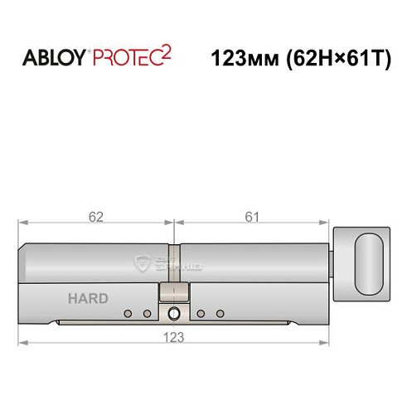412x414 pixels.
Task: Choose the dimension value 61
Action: pos(252,217)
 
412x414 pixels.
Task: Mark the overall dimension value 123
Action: pos(174,337)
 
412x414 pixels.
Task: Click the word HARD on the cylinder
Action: pos(87,298)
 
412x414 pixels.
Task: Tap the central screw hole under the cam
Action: pos(173,315)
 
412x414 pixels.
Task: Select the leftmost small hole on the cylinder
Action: pos(128,314)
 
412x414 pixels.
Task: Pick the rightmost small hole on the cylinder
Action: pos(221,314)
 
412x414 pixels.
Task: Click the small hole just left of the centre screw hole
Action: pos(147,314)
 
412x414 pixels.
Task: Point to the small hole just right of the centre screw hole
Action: pos(201,314)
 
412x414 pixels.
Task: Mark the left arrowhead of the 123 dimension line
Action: pos(23,343)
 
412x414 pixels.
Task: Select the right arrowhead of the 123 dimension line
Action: pos(326,343)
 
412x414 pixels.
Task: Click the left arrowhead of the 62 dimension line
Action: pos(23,223)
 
